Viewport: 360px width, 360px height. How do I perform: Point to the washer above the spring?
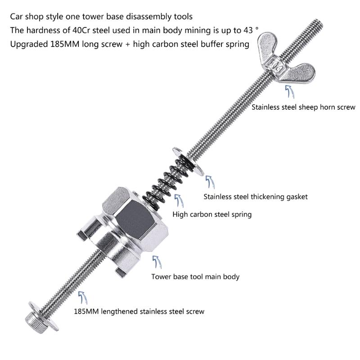(187, 160)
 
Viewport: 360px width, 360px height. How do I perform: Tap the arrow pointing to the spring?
(178, 201)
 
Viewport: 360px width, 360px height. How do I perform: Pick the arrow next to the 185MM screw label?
(82, 297)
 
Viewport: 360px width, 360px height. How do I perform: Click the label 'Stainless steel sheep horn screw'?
(303, 108)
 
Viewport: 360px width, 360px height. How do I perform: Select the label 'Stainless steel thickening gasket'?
(256, 197)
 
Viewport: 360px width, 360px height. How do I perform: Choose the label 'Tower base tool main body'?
(195, 276)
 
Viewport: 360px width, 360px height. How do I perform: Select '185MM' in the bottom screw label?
(85, 311)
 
